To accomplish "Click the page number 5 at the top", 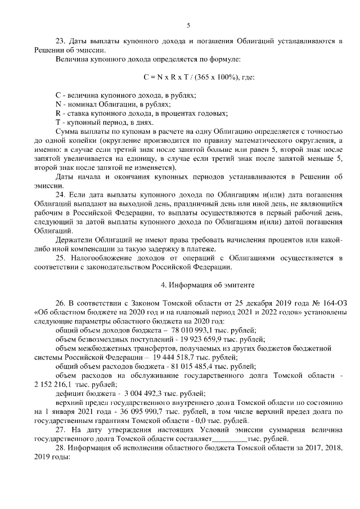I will click(188, 25).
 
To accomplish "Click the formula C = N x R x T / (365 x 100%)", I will click(199, 76).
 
